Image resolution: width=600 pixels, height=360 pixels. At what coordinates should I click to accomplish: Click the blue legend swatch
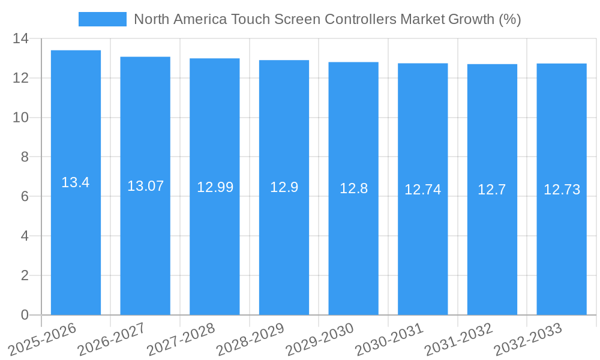pos(102,19)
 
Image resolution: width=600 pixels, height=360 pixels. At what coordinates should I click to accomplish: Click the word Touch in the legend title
pos(251,19)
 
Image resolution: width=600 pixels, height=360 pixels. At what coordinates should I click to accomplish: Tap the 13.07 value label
pos(145,186)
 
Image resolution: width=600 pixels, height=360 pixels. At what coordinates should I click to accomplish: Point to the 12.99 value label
pos(215,187)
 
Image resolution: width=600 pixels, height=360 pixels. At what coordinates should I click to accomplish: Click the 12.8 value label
pos(353,188)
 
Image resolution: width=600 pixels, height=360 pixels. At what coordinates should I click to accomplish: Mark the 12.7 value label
pos(492,190)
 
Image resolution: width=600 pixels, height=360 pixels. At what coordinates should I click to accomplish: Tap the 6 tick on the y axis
pos(25,197)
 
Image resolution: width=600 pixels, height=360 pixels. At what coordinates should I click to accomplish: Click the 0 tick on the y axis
pos(25,315)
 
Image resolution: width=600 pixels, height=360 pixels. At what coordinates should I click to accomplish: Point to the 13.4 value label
pos(76,182)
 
